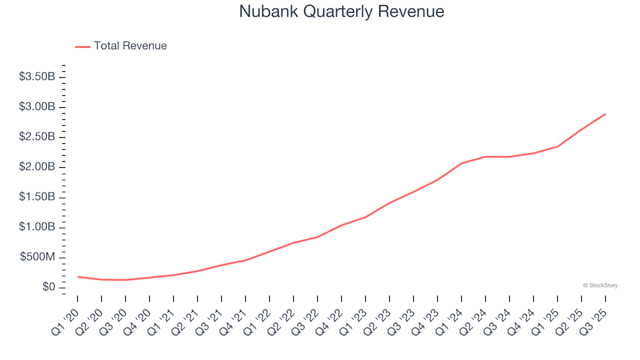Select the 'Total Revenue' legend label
tap(130, 46)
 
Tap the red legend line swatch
tap(83, 47)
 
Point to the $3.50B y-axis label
tap(37, 77)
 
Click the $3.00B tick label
tap(37, 107)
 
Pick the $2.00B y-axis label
tap(37, 167)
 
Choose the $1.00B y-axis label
tap(37, 227)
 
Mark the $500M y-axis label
tap(39, 257)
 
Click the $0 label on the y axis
tap(48, 287)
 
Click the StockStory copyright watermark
tap(600, 285)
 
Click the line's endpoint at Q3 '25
tap(605, 114)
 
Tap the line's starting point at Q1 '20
tap(78, 277)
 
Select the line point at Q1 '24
tap(461, 163)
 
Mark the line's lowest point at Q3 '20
tap(126, 280)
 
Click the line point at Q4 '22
tap(341, 225)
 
